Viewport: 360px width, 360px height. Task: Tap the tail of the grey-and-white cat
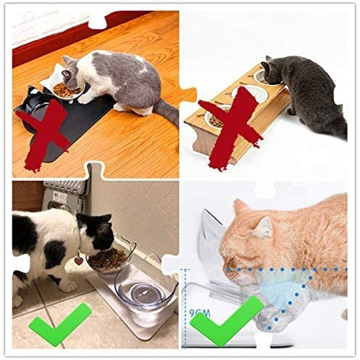pos(167,111)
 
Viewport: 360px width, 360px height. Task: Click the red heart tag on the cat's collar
pos(78,261)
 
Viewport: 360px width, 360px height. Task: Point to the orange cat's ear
pos(264,228)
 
